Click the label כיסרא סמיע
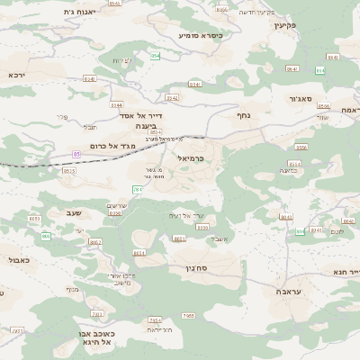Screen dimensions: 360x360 pos(200,35)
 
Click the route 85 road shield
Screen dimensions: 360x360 pos(76,154)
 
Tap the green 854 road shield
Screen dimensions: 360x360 pos(155,56)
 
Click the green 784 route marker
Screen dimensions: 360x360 pos(138,189)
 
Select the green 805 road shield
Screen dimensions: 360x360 pos(46,236)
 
